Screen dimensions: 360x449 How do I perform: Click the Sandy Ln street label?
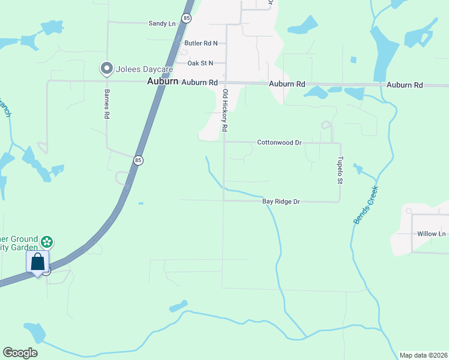[162, 23]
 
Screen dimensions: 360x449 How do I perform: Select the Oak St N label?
[200, 63]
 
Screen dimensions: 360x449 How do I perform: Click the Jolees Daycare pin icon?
[107, 69]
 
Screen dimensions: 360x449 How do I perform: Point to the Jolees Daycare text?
[137, 69]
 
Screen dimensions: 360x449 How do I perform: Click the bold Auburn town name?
[163, 82]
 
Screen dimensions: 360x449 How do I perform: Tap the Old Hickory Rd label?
[225, 110]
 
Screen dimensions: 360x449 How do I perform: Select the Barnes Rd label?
[106, 104]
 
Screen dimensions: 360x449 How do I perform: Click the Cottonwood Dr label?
[279, 143]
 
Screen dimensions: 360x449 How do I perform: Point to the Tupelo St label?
[339, 170]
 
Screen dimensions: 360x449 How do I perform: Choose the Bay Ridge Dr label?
[281, 202]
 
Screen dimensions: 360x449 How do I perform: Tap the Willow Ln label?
[433, 233]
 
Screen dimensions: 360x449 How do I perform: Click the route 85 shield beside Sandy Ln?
[187, 19]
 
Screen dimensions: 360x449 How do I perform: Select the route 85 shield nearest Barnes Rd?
[139, 160]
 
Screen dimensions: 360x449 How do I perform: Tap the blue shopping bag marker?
[37, 262]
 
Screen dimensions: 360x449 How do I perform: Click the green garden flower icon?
[47, 242]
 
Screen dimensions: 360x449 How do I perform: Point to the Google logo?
[20, 353]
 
